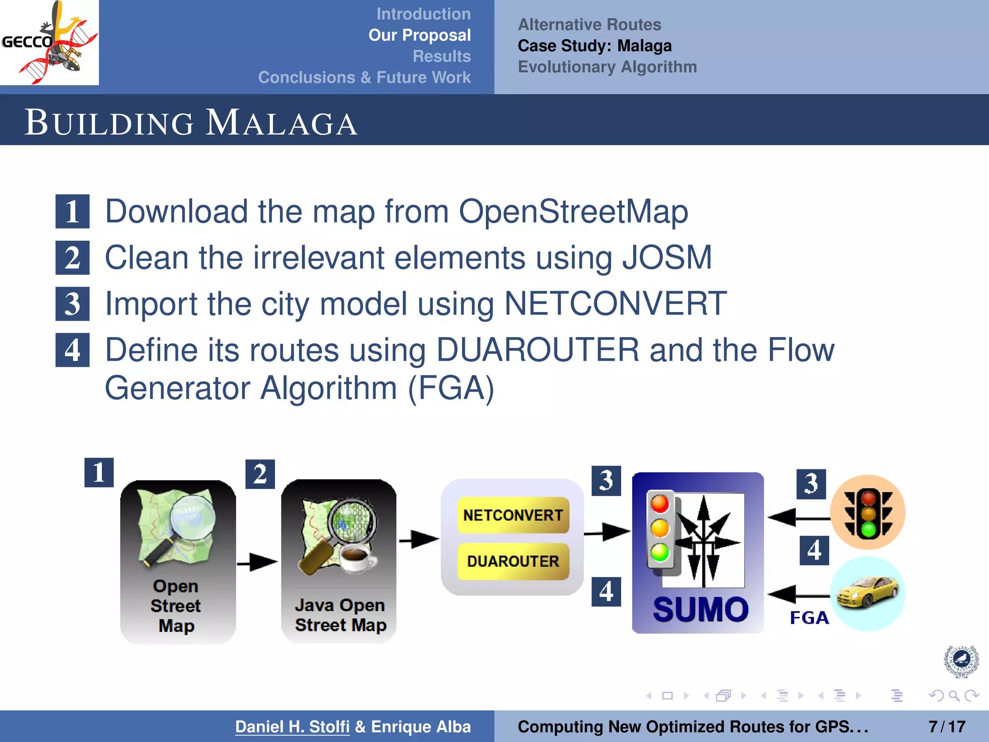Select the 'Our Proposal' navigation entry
point(419,35)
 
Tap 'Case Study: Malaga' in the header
point(594,46)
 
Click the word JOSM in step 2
point(667,257)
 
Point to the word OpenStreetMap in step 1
point(573,212)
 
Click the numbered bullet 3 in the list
point(72,304)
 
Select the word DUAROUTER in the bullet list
point(537,350)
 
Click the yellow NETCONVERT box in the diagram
point(513,515)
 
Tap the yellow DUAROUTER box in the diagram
point(513,561)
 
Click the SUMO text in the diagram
point(700,609)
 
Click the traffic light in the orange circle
point(868,513)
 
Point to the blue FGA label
point(809,618)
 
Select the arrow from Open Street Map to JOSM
point(258,562)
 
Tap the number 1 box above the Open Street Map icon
point(99,472)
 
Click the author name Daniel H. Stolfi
point(292,727)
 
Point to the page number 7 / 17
point(947,727)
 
